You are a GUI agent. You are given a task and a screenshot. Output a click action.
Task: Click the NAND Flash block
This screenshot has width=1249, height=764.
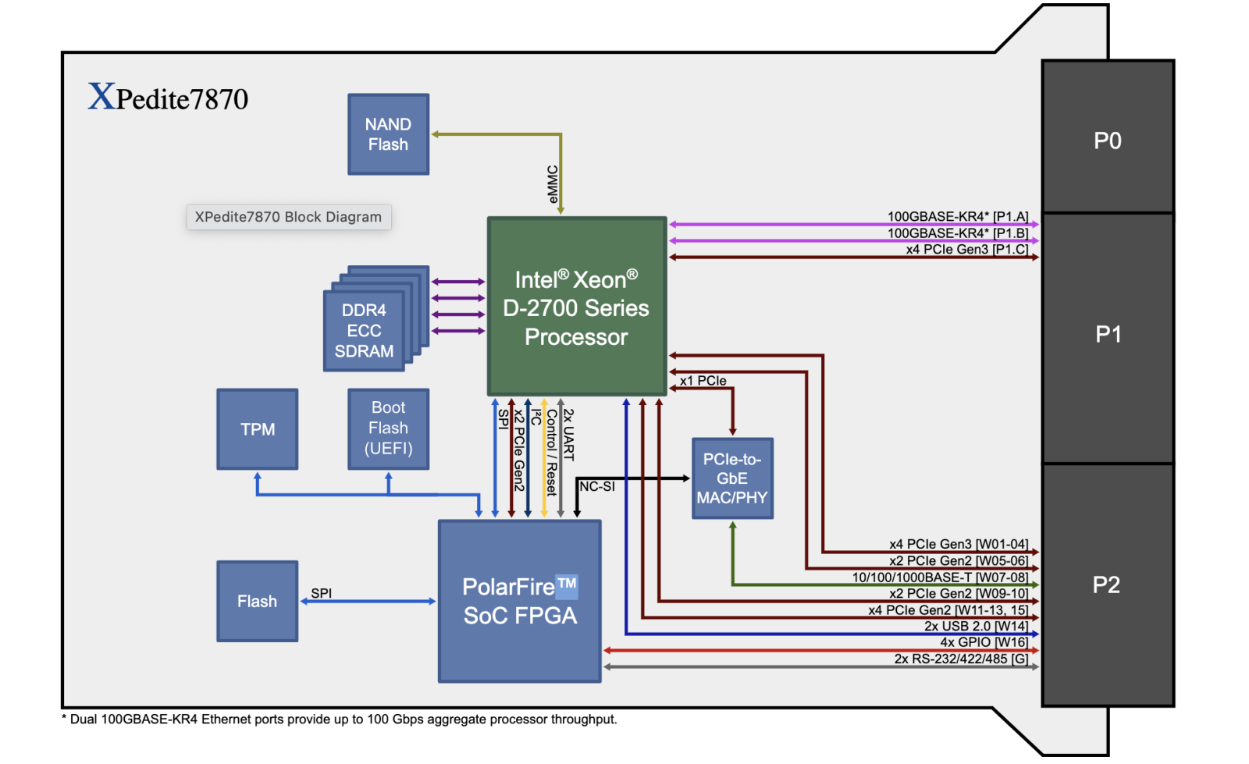(x=388, y=134)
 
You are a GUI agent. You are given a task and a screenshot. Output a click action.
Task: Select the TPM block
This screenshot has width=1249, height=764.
(x=257, y=429)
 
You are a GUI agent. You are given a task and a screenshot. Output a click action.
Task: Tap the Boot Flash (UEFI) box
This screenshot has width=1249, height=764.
(x=388, y=428)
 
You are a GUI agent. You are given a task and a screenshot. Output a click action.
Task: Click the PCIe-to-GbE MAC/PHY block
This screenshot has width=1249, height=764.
(x=731, y=478)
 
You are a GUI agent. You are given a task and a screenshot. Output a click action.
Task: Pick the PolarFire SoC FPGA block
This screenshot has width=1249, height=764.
(x=519, y=601)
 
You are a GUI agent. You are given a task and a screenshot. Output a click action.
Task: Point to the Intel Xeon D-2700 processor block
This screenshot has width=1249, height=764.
(x=576, y=307)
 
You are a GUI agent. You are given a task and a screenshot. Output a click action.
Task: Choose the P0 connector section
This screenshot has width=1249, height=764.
(x=1107, y=140)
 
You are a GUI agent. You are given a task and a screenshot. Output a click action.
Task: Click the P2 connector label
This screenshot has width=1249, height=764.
(x=1106, y=585)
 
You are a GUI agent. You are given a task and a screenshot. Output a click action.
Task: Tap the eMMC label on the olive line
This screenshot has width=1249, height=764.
(x=553, y=184)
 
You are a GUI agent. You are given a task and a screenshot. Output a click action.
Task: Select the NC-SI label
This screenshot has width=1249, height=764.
(x=597, y=486)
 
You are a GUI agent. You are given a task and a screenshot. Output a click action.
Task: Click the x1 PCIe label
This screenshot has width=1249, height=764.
(x=703, y=381)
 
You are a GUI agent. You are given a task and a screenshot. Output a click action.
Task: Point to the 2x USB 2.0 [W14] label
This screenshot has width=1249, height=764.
(x=976, y=626)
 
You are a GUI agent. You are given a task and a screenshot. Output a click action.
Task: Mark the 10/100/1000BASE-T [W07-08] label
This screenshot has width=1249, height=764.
(x=940, y=577)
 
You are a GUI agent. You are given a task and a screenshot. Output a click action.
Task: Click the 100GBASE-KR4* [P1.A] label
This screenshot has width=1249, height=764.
(x=958, y=216)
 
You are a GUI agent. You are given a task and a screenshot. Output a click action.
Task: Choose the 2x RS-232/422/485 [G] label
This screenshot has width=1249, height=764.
(x=961, y=659)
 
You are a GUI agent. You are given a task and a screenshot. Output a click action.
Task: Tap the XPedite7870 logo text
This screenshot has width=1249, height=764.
(x=168, y=98)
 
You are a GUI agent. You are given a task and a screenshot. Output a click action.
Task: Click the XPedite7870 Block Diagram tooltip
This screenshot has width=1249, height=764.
(x=288, y=217)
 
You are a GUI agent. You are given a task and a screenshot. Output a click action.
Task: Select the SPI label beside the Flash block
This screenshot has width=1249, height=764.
(x=321, y=593)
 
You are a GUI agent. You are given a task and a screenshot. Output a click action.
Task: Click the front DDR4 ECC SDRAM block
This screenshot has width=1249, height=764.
(x=364, y=331)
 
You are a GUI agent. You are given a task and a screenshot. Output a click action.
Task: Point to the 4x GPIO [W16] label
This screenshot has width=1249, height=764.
(x=984, y=642)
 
